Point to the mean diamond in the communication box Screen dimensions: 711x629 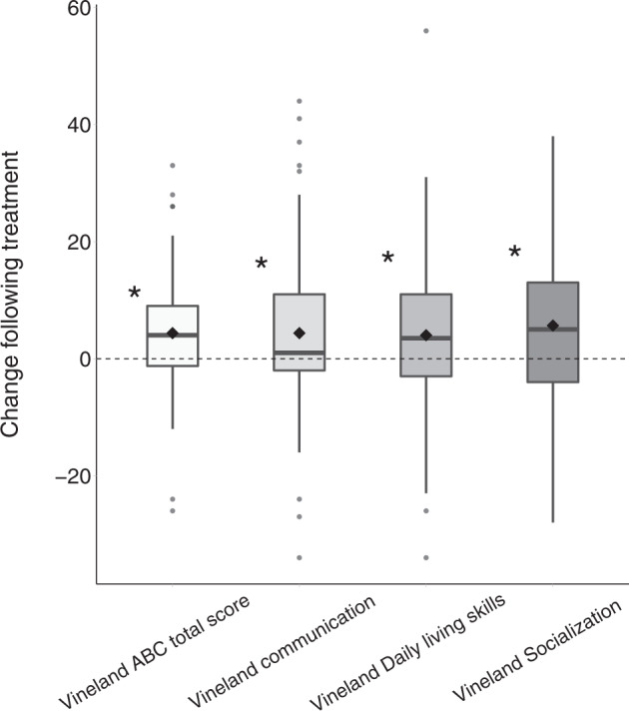pos(300,333)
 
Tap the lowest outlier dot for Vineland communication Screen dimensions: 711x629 pos(300,557)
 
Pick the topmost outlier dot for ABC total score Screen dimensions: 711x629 pos(173,166)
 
